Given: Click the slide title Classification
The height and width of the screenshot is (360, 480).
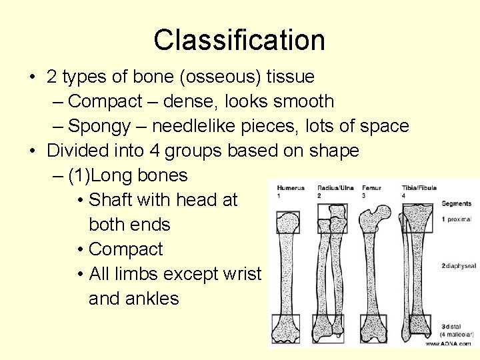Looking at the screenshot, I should pyautogui.click(x=239, y=40).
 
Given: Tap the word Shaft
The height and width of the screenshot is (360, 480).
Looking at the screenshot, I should pyautogui.click(x=113, y=200).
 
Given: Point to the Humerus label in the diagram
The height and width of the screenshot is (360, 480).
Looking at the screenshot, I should pyautogui.click(x=291, y=188).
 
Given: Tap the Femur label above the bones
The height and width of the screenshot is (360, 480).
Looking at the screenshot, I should pyautogui.click(x=371, y=188).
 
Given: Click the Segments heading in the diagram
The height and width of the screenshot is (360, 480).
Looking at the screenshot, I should pyautogui.click(x=456, y=203).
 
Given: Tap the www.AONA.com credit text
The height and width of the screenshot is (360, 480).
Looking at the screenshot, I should pyautogui.click(x=449, y=343).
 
